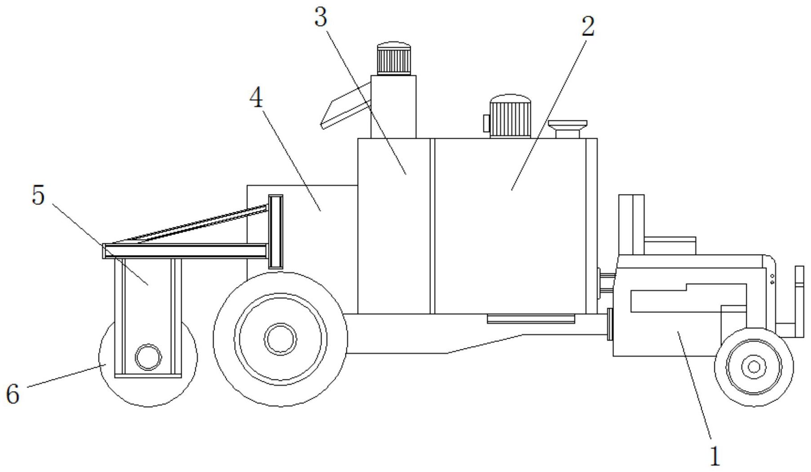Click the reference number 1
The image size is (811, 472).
point(714,456)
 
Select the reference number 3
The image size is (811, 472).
point(320,18)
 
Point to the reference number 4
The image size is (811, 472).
point(256,97)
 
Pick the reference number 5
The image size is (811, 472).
point(39,195)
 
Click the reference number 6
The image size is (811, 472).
point(13,394)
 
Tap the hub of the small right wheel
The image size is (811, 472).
point(754,367)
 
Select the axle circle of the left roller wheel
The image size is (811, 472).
point(148,357)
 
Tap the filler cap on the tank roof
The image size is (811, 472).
point(567,128)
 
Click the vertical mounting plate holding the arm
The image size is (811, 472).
point(275,231)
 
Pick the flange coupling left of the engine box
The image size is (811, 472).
point(610,324)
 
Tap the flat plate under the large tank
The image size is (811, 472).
point(531,319)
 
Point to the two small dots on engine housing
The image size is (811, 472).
point(772,279)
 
